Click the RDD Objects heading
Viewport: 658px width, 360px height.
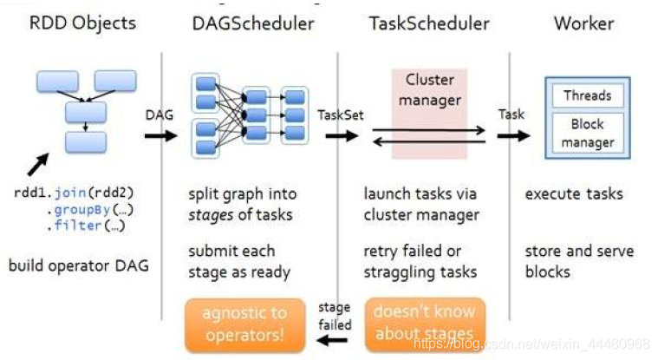pos(82,23)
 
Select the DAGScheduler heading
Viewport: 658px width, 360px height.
pos(253,23)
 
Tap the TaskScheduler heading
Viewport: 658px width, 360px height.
pos(429,23)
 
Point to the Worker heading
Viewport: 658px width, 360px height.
pos(583,23)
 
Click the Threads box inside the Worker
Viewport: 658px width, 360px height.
pos(588,95)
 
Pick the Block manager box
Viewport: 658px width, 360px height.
pos(588,134)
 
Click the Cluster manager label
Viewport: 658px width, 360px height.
pos(430,90)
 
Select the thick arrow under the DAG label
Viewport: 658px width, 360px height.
pos(160,135)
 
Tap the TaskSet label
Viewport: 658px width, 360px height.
pos(341,115)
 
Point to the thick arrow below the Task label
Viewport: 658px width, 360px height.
pos(513,135)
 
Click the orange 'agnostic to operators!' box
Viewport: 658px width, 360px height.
pos(245,324)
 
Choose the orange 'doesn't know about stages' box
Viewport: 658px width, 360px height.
pos(425,324)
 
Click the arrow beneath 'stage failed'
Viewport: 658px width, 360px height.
pos(332,340)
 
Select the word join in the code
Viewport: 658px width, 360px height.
pos(70,193)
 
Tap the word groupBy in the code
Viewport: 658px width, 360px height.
pos(82,209)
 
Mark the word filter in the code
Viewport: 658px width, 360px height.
pos(78,226)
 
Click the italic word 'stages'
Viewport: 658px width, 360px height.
pos(211,215)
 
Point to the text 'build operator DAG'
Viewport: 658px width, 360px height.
pos(79,265)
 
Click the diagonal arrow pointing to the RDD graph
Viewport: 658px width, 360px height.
pos(38,164)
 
